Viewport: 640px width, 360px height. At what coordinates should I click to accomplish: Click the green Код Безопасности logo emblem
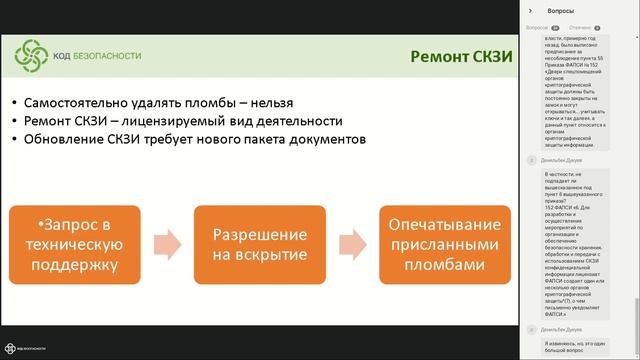tap(33, 56)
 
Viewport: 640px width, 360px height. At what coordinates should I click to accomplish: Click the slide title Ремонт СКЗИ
tap(461, 57)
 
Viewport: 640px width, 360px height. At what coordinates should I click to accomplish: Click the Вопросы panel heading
tap(561, 10)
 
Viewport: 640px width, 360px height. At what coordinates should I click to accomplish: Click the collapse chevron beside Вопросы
tap(531, 10)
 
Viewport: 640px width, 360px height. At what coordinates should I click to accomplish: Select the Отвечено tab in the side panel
tap(579, 28)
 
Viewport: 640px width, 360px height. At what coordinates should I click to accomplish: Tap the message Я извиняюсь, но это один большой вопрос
tap(567, 346)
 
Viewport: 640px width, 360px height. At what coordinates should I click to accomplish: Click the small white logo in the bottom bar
tap(10, 349)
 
